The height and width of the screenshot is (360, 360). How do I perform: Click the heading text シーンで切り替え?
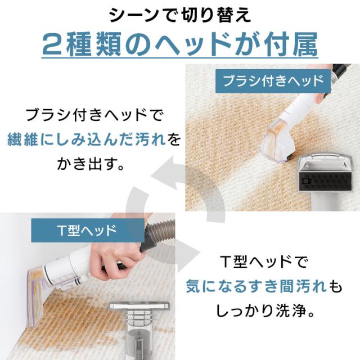[180, 16]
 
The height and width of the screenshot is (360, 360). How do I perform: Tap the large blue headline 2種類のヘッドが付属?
[180, 44]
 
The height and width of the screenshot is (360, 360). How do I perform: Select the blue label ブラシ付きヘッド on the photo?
[273, 81]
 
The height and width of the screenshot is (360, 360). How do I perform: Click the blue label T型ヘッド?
[88, 230]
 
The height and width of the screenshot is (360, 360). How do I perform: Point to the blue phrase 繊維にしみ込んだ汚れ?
[87, 139]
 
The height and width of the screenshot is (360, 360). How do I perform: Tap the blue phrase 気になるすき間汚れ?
[255, 286]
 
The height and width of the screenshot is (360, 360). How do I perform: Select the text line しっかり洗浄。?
[265, 311]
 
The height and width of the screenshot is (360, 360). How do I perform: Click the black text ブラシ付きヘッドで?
[94, 115]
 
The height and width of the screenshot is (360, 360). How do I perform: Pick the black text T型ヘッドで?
[263, 262]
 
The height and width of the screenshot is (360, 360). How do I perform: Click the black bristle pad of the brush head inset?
[325, 181]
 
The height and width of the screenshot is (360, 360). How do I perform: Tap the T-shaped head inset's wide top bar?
[139, 306]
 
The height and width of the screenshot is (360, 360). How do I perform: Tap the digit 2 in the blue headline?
[53, 44]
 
